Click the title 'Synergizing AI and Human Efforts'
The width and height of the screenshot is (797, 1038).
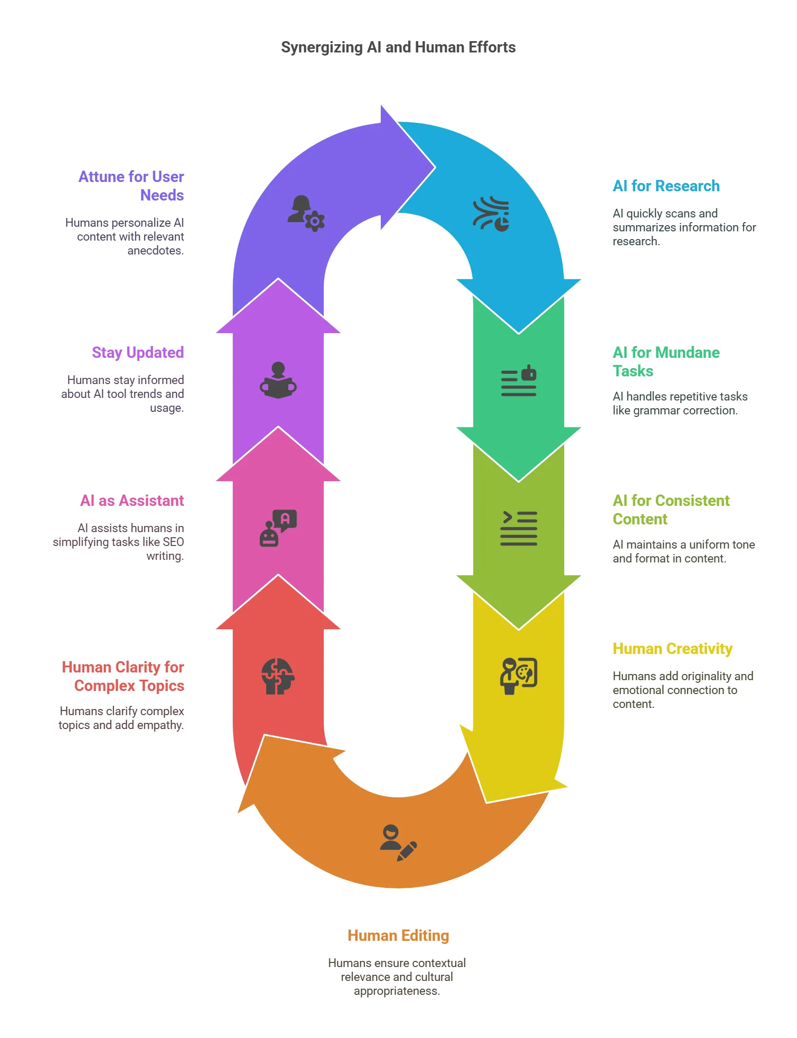398,47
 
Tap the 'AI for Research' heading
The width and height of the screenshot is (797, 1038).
666,186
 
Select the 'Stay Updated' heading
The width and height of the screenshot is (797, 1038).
138,352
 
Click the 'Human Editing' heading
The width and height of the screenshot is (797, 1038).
398,935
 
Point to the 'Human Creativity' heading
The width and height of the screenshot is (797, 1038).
672,648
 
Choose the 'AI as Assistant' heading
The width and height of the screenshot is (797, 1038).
132,500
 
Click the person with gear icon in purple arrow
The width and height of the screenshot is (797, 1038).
306,213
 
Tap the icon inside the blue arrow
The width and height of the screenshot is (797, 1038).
491,214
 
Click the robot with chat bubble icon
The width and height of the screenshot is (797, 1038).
278,528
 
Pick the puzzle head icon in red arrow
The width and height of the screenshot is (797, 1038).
278,676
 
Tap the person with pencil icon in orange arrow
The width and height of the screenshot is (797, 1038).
399,843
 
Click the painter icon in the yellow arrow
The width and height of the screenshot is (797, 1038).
518,676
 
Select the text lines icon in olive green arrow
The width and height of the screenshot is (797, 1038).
518,528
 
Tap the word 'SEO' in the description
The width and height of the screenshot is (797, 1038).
173,542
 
